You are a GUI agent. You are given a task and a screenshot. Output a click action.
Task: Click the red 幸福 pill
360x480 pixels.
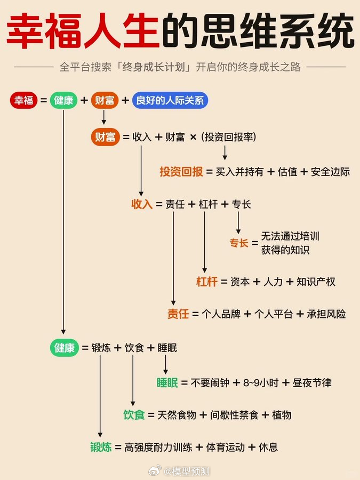click(23, 100)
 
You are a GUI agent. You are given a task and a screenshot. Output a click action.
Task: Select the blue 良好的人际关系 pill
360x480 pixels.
click(170, 100)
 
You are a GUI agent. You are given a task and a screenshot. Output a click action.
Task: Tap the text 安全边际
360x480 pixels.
click(330, 172)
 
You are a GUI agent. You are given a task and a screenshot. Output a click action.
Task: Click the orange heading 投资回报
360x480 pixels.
click(181, 172)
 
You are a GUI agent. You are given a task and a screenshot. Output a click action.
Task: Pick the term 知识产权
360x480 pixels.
click(316, 282)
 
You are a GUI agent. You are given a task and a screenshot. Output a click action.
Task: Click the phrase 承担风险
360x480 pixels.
click(326, 314)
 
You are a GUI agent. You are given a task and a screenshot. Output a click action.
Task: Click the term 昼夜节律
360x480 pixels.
click(312, 382)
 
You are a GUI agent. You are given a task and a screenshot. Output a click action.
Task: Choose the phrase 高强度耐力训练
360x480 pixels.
click(157, 447)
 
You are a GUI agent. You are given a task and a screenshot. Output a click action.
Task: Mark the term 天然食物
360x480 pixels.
click(173, 414)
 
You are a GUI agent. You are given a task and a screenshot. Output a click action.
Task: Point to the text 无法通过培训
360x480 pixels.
click(290, 236)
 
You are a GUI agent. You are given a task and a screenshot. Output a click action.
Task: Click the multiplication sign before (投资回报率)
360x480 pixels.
click(193, 137)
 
